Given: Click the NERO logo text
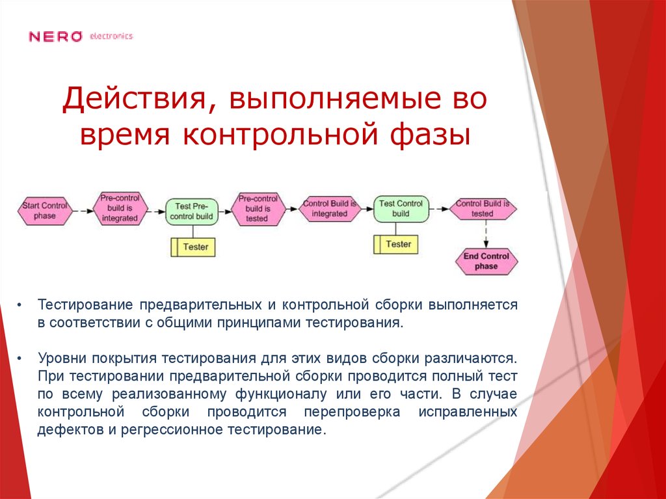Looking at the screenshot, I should click(55, 36).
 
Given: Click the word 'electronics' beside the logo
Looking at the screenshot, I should click(111, 36).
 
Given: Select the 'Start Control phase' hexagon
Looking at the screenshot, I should click(45, 211).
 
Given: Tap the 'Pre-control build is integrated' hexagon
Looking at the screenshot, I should click(120, 208).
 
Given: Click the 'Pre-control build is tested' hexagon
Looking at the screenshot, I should click(258, 209).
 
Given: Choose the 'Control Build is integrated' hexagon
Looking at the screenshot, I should click(329, 209).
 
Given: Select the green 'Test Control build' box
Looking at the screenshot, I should click(401, 209).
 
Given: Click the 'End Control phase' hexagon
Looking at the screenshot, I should click(486, 262).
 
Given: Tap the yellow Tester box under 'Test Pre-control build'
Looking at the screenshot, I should click(193, 247).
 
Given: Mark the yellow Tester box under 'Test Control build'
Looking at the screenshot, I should click(395, 245).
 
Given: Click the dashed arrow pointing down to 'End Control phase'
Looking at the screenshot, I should click(485, 233).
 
